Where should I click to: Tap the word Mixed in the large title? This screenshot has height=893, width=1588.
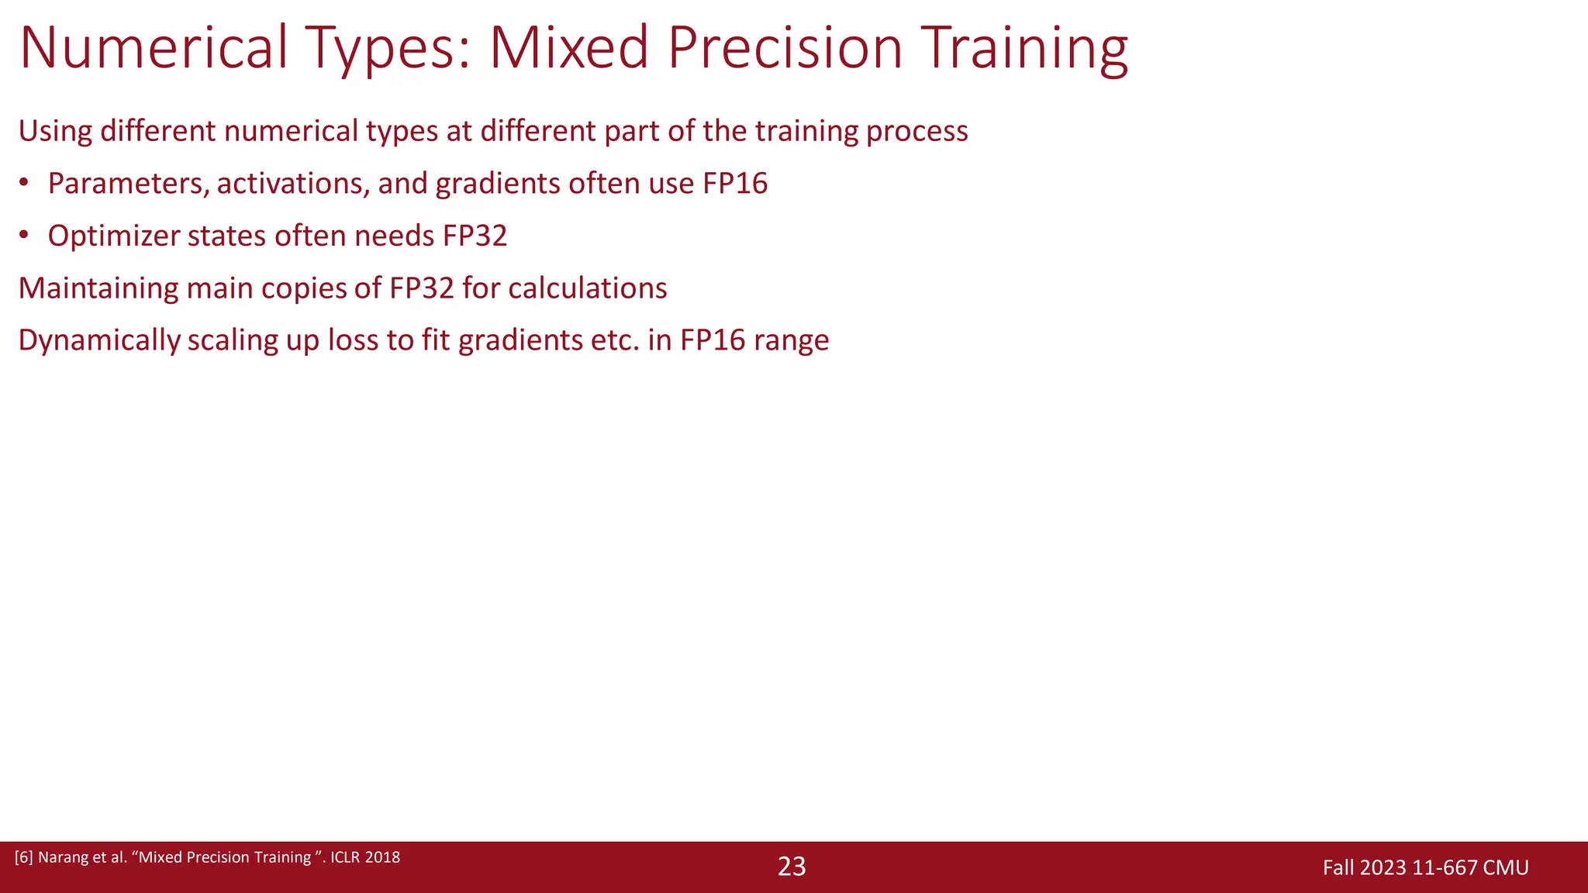click(x=568, y=48)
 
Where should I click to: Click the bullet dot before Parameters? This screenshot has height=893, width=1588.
click(x=24, y=184)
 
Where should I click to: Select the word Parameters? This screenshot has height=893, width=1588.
click(x=128, y=184)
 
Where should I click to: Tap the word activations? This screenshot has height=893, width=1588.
click(x=292, y=184)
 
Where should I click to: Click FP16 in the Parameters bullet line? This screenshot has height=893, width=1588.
click(x=735, y=184)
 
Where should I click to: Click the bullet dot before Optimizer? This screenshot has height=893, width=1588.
click(x=24, y=236)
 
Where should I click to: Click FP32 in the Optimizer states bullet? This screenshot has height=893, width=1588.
click(x=475, y=236)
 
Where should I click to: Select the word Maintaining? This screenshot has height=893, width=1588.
click(x=98, y=288)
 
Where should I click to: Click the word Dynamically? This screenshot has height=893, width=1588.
click(x=98, y=340)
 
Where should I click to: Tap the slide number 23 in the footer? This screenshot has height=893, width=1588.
click(x=792, y=867)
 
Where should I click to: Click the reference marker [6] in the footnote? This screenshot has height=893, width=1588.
click(x=24, y=857)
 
